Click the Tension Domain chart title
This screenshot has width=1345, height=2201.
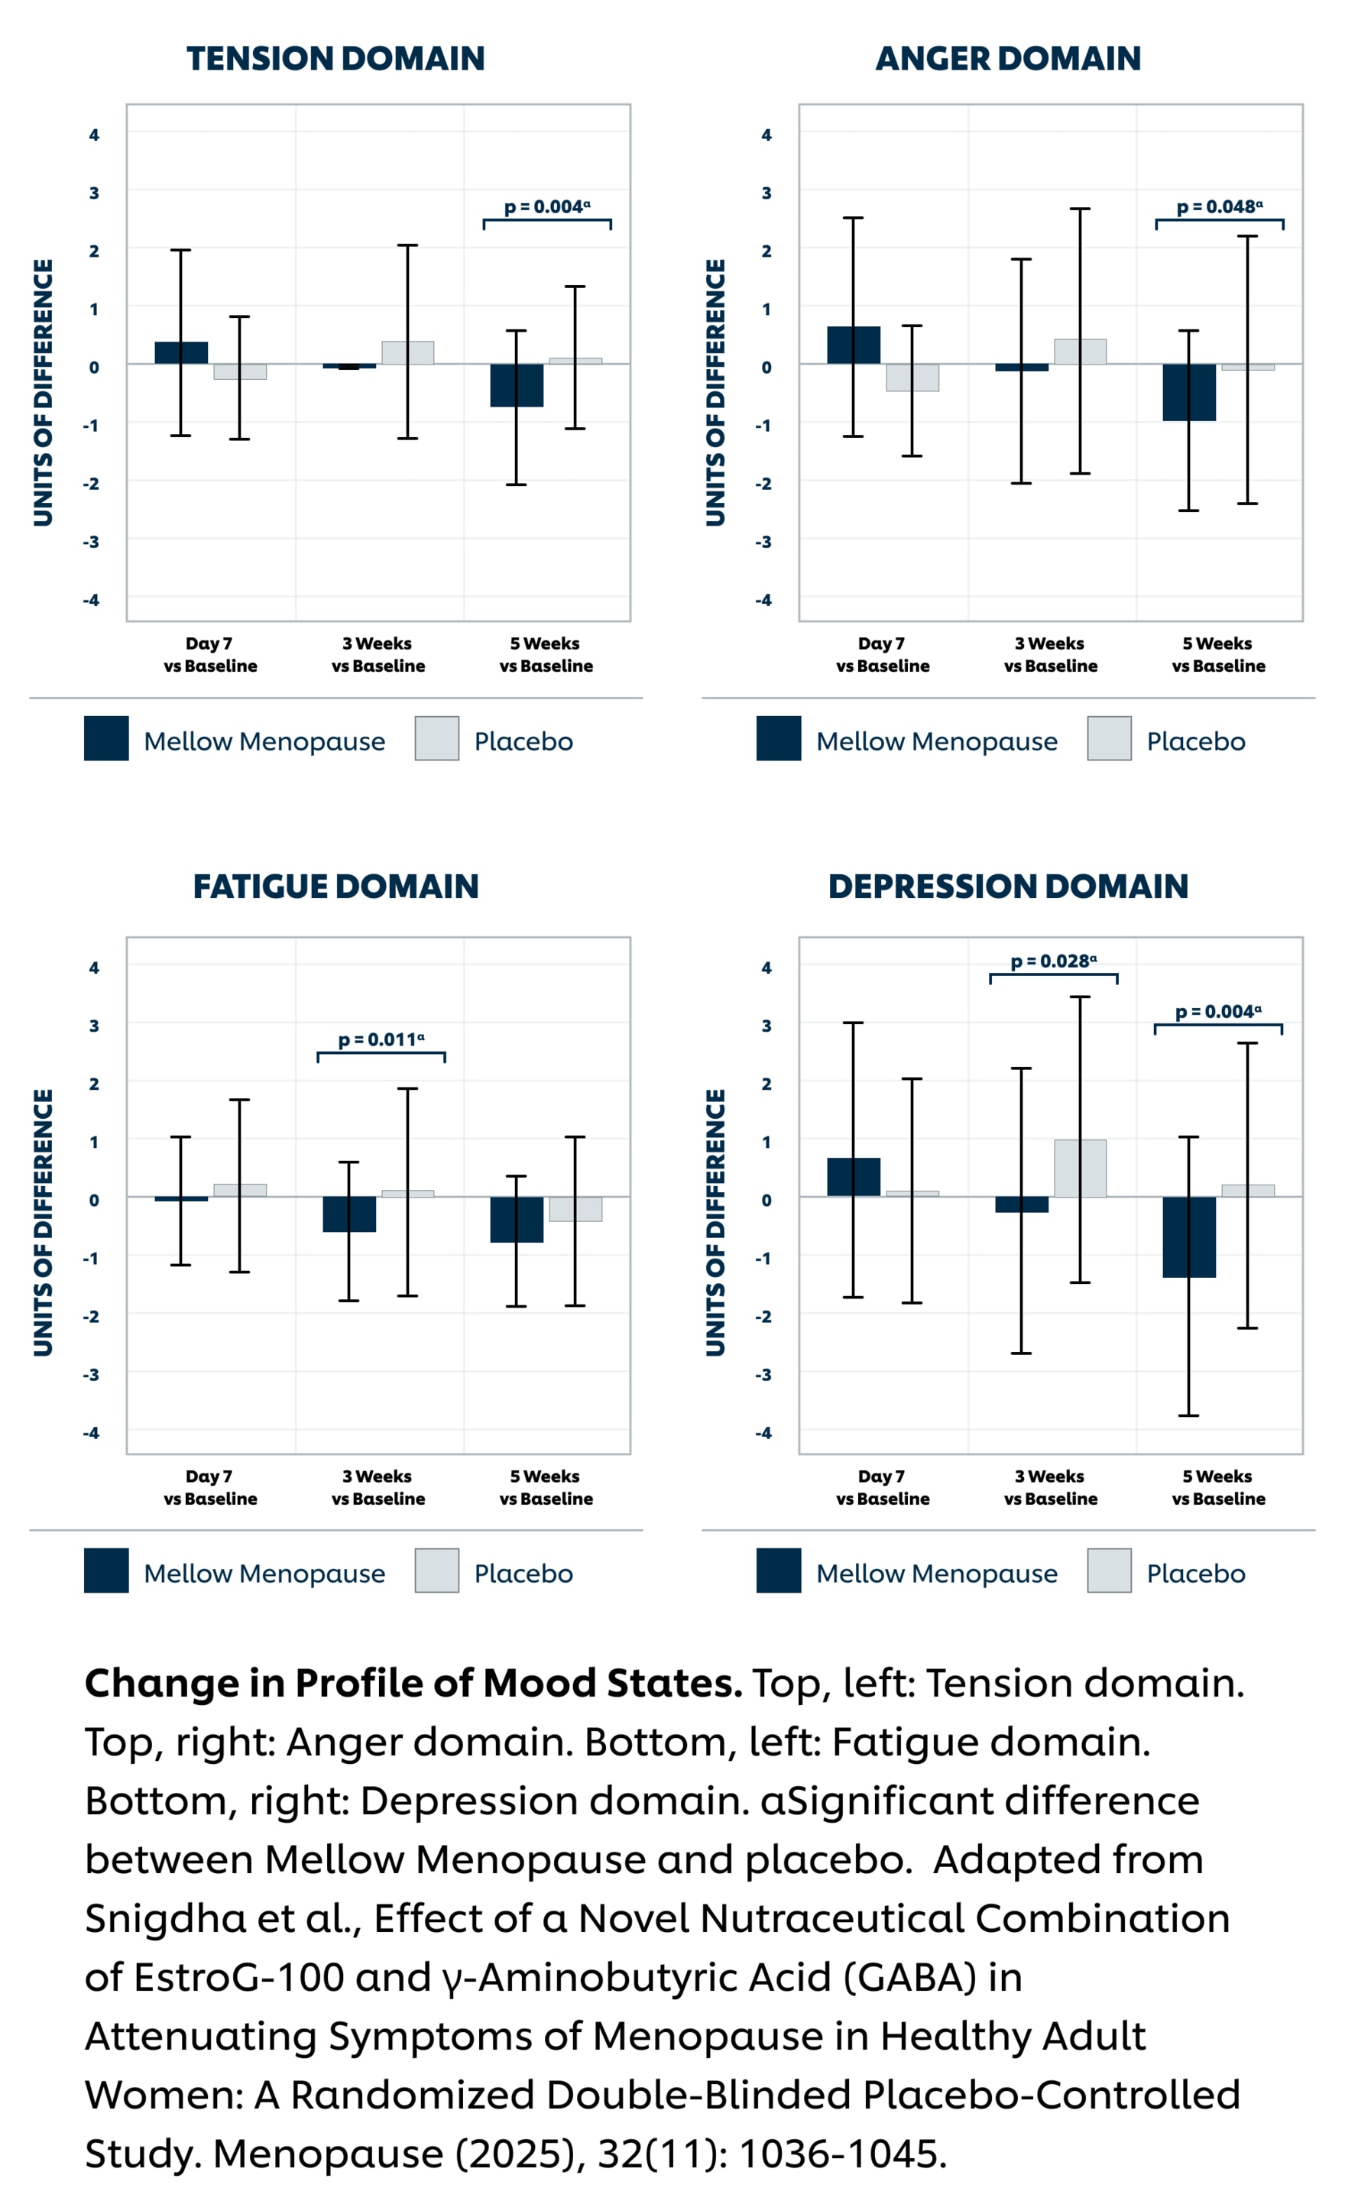point(335,59)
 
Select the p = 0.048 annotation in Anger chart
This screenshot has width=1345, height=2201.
point(1219,207)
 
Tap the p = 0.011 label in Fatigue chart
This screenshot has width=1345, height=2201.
point(381,1040)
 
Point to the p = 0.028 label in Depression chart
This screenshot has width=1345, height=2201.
point(1054,961)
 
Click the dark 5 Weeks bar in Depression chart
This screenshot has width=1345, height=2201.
point(1188,1237)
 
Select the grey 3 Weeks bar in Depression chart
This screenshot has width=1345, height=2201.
point(1080,1168)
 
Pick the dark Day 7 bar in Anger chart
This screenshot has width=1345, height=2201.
point(853,345)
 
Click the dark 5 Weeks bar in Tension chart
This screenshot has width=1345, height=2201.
point(516,385)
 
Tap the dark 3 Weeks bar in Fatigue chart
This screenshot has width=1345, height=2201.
point(349,1214)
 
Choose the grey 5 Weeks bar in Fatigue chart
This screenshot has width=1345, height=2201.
point(575,1208)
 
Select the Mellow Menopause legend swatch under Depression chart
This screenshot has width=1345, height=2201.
point(778,1571)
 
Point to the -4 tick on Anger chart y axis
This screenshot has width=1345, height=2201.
point(764,599)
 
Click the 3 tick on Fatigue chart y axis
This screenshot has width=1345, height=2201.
point(94,1026)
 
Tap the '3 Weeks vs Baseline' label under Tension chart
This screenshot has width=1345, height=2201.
point(378,655)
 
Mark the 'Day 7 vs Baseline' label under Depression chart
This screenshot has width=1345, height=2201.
point(883,1487)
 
